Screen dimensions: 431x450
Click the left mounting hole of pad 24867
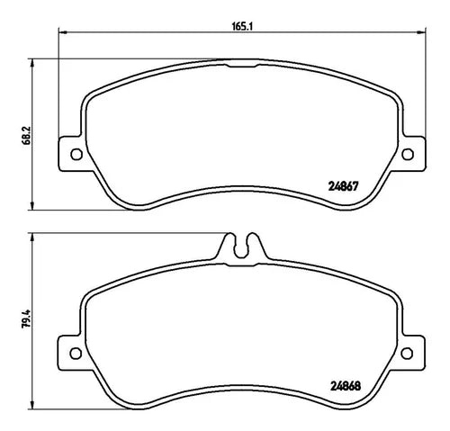(x=76, y=154)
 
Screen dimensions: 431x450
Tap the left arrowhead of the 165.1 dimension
(x=62, y=34)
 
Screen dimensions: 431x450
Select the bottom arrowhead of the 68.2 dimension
(x=34, y=209)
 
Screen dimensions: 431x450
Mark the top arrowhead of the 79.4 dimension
(x=34, y=235)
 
